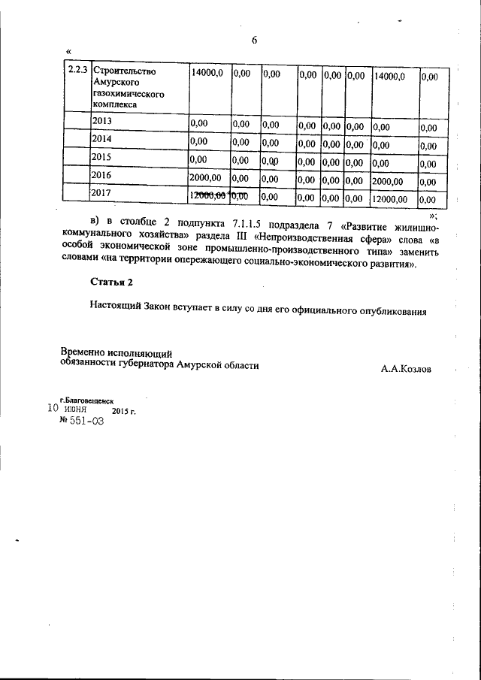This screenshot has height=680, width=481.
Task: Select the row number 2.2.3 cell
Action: (76, 71)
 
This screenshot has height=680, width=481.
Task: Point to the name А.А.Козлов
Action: (407, 369)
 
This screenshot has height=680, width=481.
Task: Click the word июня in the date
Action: (76, 411)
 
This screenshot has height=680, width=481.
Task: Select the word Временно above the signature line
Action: (83, 352)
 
